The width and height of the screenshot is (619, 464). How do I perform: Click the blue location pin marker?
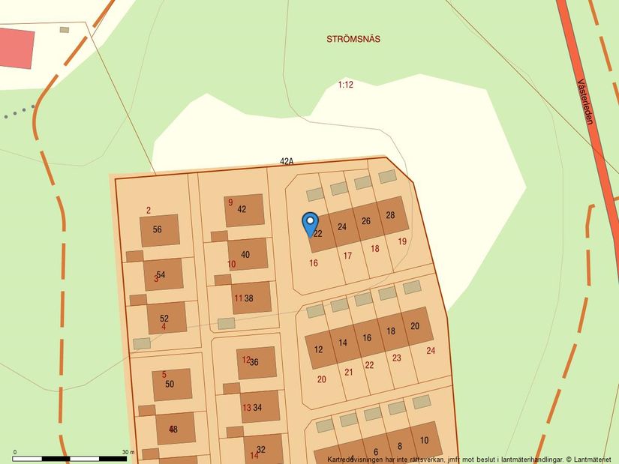click(310, 223)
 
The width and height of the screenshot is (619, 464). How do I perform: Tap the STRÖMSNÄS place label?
click(353, 39)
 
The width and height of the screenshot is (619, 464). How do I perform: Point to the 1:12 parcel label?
click(345, 85)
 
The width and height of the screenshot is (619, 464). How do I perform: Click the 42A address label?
click(286, 161)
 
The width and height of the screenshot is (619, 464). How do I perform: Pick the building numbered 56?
click(159, 230)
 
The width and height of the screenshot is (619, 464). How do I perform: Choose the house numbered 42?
click(245, 210)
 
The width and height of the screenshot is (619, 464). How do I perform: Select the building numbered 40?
click(248, 254)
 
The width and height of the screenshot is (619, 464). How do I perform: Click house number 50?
click(172, 384)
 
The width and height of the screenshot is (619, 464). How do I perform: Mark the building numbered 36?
click(256, 363)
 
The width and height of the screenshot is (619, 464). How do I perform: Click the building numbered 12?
click(318, 350)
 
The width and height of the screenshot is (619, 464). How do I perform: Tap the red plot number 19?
click(402, 241)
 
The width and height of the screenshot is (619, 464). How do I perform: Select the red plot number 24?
click(431, 350)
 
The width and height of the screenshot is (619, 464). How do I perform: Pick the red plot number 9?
click(230, 202)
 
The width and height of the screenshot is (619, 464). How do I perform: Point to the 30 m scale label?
click(128, 452)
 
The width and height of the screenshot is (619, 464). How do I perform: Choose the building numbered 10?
click(425, 440)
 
